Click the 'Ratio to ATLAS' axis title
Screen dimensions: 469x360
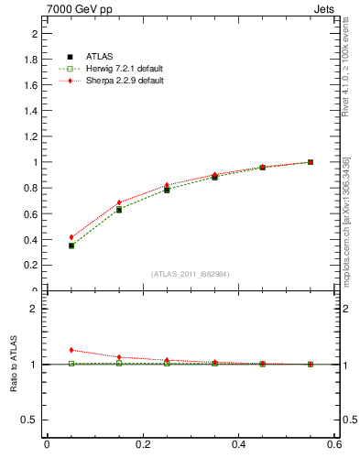tap(13, 365)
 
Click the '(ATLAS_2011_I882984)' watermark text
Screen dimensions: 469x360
tap(190, 273)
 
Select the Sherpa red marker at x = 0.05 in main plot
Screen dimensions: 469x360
tap(71, 237)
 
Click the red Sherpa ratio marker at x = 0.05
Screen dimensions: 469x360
tap(71, 350)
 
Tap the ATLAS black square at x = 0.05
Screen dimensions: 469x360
tap(71, 245)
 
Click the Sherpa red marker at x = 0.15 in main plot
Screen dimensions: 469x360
tap(119, 202)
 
